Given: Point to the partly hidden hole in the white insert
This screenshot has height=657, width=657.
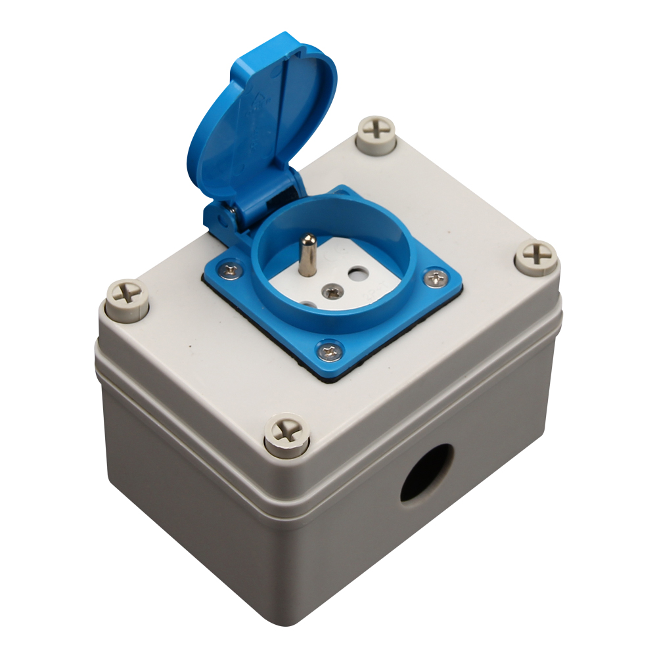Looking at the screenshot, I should pos(307,304).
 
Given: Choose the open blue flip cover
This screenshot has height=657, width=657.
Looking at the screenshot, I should pos(263,118).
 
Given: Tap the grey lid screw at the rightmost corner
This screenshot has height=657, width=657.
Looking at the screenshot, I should pos(535,256).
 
